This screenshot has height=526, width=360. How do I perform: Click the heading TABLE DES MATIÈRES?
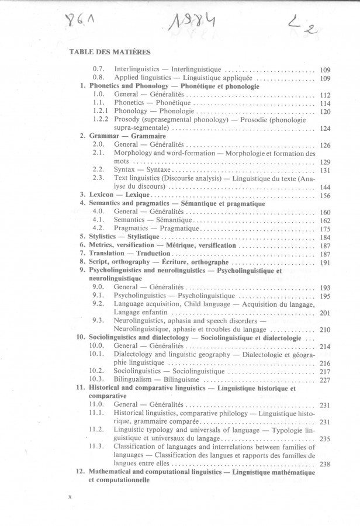[x=110, y=52]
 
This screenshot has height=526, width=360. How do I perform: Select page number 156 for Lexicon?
[x=326, y=196]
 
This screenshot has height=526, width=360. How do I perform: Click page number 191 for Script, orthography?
[x=326, y=264]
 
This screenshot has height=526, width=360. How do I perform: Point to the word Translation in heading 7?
[x=107, y=254]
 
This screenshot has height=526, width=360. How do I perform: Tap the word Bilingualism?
[x=134, y=379]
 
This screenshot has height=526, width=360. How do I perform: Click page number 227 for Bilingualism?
[x=326, y=380]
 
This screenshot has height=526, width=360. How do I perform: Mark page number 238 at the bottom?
[x=326, y=465]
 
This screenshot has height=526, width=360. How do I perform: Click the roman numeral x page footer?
[x=70, y=497]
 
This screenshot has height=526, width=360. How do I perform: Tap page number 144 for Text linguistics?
[x=326, y=187]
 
